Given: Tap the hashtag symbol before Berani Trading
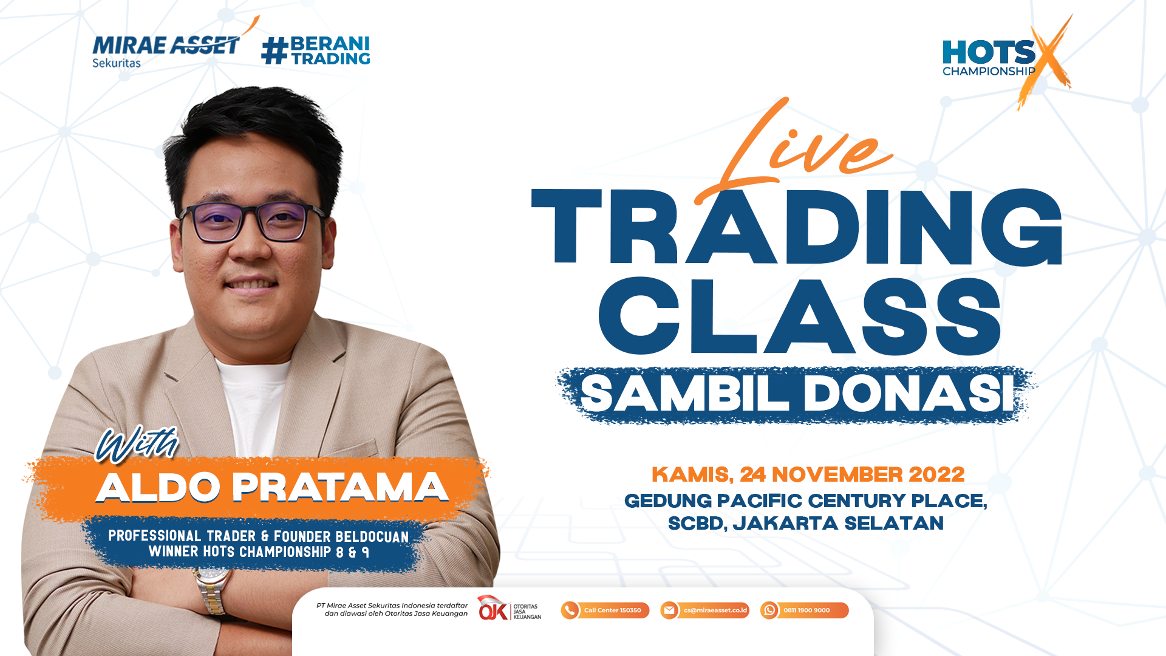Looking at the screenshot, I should [274, 50].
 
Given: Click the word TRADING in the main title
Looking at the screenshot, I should [797, 228].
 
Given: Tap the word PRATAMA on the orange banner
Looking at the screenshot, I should [340, 487].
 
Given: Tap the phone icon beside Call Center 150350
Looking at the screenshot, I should [570, 610].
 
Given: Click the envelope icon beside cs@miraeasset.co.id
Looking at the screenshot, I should [669, 610].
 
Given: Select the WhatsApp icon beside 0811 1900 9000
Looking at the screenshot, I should [769, 610].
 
